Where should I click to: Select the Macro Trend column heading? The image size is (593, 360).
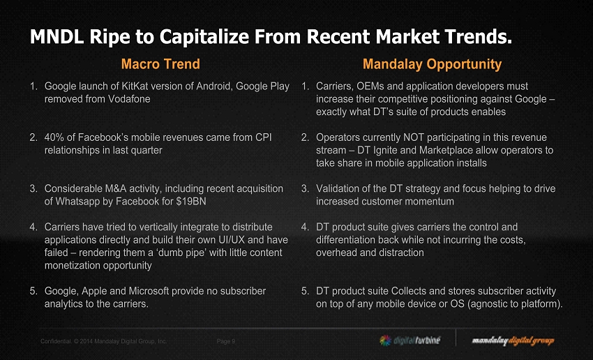click(x=160, y=64)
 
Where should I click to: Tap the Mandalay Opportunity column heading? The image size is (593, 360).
click(x=432, y=64)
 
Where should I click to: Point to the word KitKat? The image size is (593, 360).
click(x=144, y=87)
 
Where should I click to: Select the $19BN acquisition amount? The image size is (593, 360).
click(x=188, y=201)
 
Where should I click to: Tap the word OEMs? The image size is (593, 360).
click(x=377, y=87)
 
